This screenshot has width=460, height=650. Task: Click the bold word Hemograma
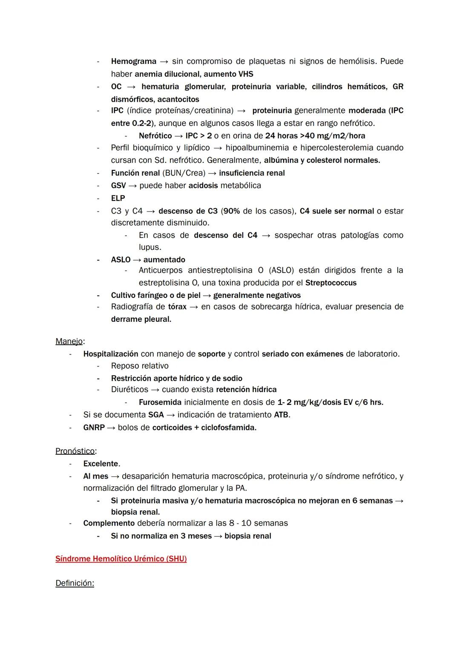tap(134, 61)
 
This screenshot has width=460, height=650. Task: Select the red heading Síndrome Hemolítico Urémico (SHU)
tap(121, 559)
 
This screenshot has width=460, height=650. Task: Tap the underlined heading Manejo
tap(69, 341)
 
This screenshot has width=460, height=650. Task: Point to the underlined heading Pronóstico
tap(75, 451)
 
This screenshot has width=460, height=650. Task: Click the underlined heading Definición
tap(75, 583)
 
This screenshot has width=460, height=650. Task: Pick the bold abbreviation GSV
tap(118, 185)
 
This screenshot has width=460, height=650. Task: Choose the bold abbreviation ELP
tap(118, 198)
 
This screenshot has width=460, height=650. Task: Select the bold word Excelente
tap(101, 464)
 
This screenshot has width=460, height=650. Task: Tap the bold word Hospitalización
tap(111, 354)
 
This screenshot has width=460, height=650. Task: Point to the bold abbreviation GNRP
tap(94, 428)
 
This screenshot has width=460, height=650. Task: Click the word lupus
tap(149, 247)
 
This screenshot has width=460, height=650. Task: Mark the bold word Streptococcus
tap(331, 283)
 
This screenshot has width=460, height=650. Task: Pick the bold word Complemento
tap(109, 523)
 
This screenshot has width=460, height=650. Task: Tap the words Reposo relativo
tap(140, 366)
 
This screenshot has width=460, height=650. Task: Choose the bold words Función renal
tap(135, 173)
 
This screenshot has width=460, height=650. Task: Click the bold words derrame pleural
tap(141, 319)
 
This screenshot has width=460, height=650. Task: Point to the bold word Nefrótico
tap(155, 136)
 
